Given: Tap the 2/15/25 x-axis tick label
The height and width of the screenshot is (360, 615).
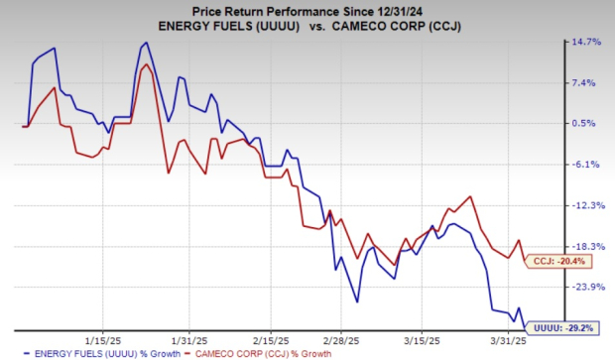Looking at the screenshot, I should tap(271, 336).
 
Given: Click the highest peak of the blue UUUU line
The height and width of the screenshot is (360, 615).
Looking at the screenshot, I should tap(146, 43).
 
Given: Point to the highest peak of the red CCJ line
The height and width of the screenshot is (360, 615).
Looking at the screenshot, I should tap(146, 64).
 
